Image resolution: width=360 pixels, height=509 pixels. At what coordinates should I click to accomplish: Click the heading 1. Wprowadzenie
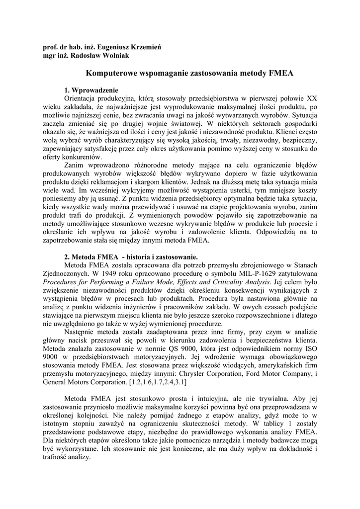(91, 90)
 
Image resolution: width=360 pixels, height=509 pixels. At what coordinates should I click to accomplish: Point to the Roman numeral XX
(311, 98)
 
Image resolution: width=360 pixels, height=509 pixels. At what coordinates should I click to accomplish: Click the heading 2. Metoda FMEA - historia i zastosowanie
(131, 257)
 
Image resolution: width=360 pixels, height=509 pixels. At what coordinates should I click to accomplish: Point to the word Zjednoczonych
(67, 274)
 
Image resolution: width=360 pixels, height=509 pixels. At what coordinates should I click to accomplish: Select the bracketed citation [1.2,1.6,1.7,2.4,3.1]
(158, 384)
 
